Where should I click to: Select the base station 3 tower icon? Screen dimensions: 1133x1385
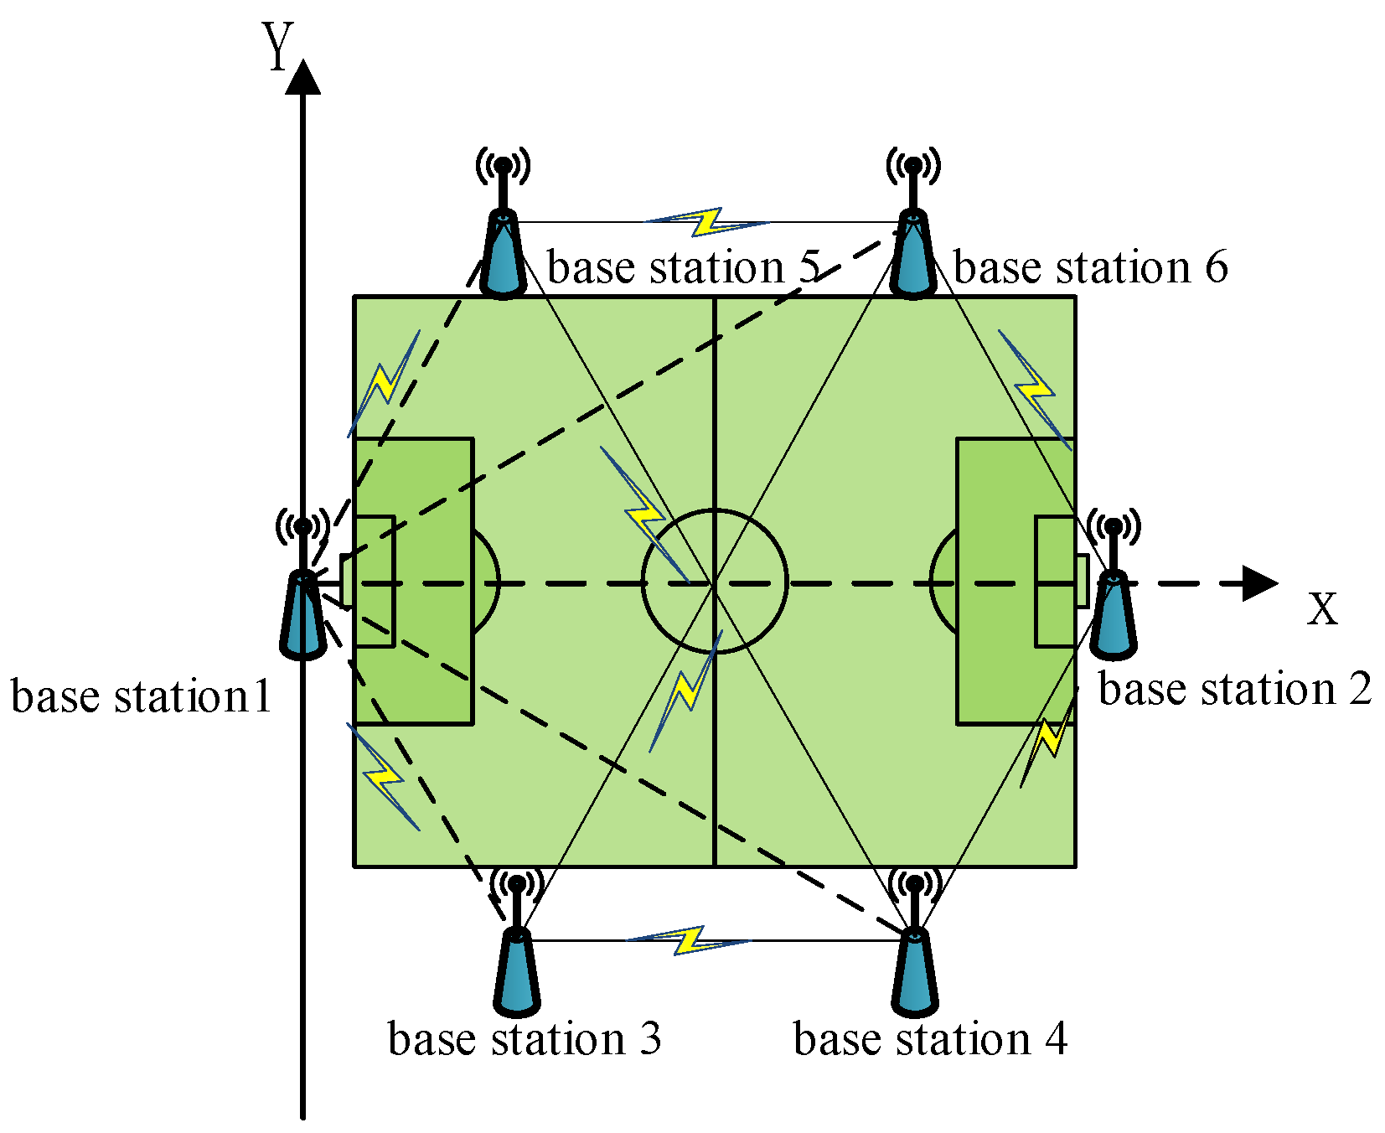click(x=517, y=955)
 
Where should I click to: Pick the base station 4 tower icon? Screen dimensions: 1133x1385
click(x=914, y=955)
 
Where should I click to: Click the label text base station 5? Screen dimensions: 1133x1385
click(x=683, y=268)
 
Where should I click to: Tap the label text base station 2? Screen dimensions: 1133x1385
click(x=1234, y=690)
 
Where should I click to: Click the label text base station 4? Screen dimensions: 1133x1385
click(x=930, y=1039)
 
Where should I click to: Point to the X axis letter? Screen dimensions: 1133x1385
click(x=1322, y=608)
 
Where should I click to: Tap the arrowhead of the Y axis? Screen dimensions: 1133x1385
click(x=303, y=77)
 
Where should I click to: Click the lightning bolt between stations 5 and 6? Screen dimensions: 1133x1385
click(x=709, y=222)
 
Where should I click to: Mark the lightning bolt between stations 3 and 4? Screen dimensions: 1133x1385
click(x=690, y=940)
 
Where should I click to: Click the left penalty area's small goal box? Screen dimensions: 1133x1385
click(x=375, y=582)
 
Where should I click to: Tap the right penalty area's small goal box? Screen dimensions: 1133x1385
click(x=1056, y=582)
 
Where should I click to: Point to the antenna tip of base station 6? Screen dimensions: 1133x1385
click(x=913, y=165)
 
